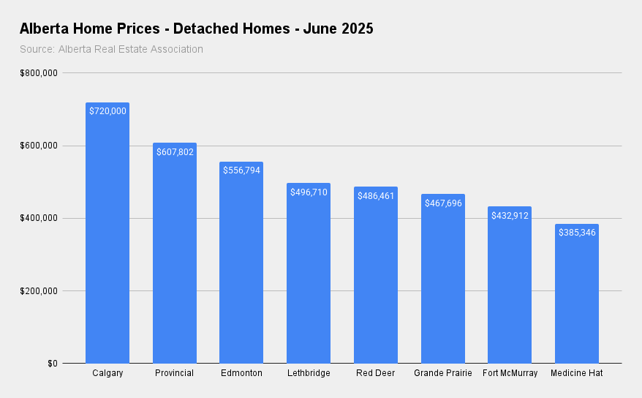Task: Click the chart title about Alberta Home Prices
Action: pyautogui.click(x=196, y=29)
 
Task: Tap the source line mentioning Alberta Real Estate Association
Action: pyautogui.click(x=111, y=49)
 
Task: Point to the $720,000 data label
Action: pyautogui.click(x=107, y=111)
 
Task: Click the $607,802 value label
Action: pyautogui.click(x=174, y=151)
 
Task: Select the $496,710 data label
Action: pyautogui.click(x=309, y=192)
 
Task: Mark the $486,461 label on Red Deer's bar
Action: pyautogui.click(x=375, y=196)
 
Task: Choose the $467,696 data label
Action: pyautogui.click(x=442, y=203)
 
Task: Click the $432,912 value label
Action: pyautogui.click(x=510, y=215)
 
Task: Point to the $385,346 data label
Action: pyautogui.click(x=576, y=233)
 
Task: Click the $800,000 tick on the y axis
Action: pyautogui.click(x=39, y=73)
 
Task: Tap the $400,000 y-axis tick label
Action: pyautogui.click(x=39, y=218)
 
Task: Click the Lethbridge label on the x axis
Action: pyautogui.click(x=309, y=373)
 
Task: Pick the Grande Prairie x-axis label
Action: pyautogui.click(x=442, y=373)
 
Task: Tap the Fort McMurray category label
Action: pyautogui.click(x=510, y=373)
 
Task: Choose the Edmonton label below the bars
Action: pyautogui.click(x=241, y=373)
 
